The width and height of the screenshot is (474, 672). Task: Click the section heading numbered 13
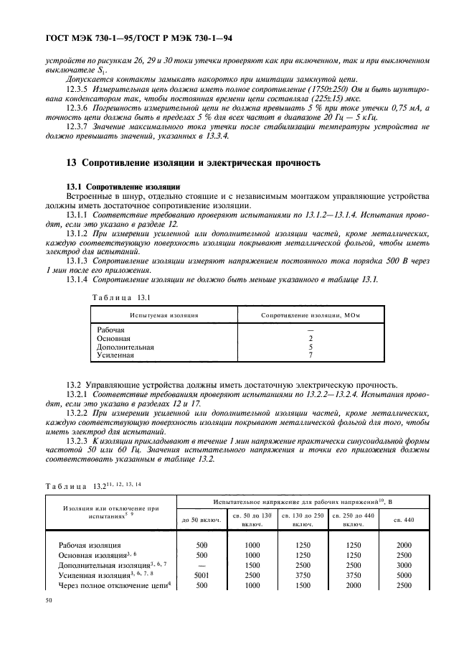point(193,163)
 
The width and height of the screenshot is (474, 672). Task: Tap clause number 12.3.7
point(77,126)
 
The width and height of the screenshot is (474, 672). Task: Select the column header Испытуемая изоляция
point(163,315)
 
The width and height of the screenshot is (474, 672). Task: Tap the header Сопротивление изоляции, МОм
point(311,315)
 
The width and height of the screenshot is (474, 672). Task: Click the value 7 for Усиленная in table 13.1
point(311,355)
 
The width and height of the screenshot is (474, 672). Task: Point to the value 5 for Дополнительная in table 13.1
point(311,346)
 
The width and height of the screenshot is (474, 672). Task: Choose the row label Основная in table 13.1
point(113,337)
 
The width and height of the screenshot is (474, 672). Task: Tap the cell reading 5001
point(202,575)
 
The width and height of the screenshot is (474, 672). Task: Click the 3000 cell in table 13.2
point(404,565)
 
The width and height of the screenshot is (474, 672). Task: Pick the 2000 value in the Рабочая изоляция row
point(404,545)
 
